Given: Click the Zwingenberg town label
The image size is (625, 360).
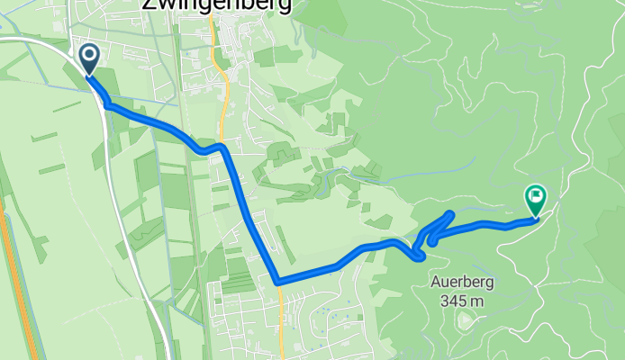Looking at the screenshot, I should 216,5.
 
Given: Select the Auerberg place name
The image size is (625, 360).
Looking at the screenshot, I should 462,283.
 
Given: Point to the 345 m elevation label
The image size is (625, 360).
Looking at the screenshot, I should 462,301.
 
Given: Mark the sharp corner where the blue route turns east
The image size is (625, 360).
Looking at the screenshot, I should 278,282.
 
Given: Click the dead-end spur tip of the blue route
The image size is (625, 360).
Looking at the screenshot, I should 450,213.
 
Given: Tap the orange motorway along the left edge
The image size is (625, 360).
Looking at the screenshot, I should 18,288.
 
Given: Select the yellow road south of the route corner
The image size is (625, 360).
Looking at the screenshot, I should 282,324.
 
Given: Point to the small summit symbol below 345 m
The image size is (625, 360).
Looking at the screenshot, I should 463,319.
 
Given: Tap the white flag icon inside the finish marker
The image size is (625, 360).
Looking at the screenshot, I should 536,193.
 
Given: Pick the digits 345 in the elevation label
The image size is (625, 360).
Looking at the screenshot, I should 454,301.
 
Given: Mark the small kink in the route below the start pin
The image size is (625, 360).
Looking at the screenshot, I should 108,104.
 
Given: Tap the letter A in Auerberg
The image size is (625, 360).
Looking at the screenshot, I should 435,283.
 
